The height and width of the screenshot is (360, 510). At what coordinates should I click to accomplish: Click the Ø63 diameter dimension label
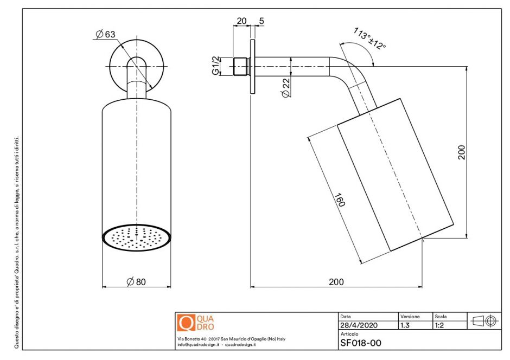105,35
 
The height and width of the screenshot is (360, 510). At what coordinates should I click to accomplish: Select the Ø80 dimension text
136,281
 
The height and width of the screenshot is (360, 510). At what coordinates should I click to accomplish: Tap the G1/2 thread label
215,66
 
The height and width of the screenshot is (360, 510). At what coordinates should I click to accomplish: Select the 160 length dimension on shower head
340,200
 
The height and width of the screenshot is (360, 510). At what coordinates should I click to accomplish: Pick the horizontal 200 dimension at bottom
336,281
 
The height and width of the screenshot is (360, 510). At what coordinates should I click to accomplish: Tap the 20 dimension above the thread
241,21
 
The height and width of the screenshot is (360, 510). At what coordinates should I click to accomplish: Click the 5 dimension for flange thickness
262,21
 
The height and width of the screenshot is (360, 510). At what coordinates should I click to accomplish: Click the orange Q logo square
186,323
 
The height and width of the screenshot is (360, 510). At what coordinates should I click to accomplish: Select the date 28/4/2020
359,326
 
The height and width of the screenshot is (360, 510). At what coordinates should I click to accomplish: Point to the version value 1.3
405,326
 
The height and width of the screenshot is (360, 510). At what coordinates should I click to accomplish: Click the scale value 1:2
440,326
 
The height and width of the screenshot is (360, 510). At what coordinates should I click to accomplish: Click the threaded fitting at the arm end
240,66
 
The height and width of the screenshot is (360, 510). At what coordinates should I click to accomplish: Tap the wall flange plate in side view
252,66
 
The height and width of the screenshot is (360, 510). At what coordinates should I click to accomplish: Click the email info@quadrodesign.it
198,345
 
